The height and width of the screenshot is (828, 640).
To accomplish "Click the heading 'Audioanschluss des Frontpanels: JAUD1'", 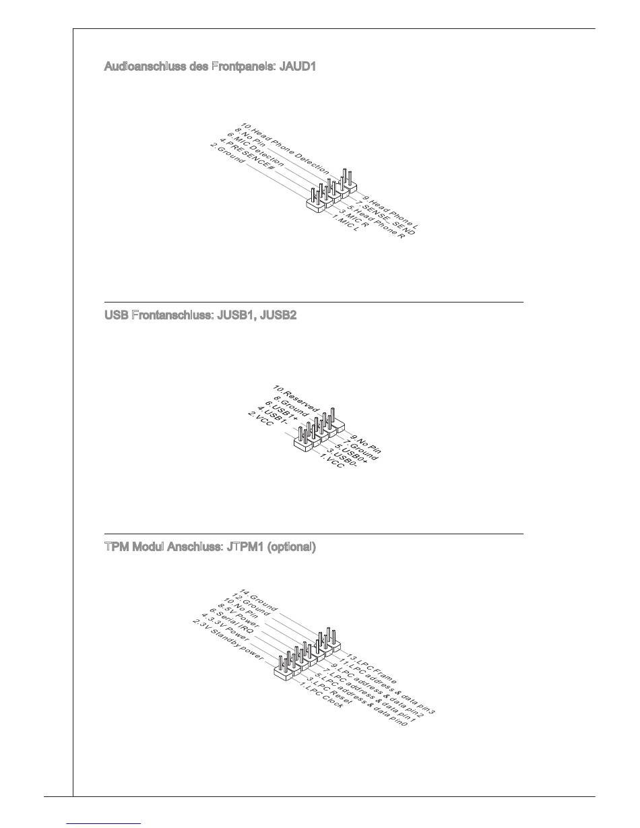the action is point(210,67).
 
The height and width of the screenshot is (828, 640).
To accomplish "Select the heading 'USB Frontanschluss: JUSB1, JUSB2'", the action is point(200,315).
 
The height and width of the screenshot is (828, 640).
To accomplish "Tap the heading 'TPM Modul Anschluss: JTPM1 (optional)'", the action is point(210,547).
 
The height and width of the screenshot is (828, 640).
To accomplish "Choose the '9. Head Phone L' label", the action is point(391,211).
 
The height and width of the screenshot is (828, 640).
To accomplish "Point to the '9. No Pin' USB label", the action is point(364,445).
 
